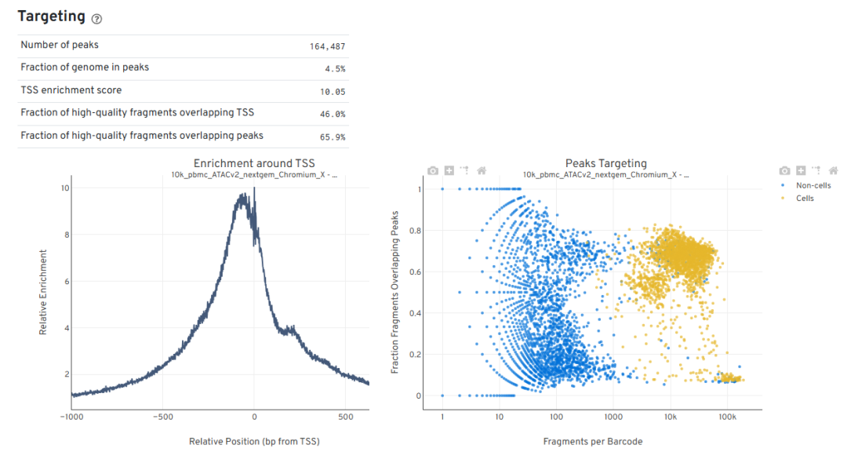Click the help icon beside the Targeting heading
96,19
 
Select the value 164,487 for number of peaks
327,46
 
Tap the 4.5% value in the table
336,68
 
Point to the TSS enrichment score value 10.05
332,91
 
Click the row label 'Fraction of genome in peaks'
85,67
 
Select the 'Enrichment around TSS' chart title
254,163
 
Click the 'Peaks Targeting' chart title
606,163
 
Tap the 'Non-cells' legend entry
813,186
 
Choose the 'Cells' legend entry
805,199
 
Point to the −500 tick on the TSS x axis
162,417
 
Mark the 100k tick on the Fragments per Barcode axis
727,417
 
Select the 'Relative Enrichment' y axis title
43,293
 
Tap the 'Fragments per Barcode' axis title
593,442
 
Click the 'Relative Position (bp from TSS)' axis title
254,442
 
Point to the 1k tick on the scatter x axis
613,417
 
